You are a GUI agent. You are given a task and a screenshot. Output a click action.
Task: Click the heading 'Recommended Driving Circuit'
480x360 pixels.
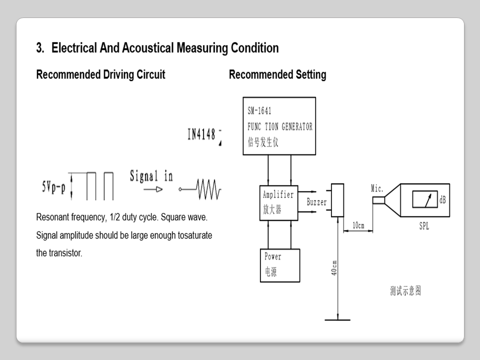(100, 75)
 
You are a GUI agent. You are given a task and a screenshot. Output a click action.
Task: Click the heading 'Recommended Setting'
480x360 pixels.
(277, 75)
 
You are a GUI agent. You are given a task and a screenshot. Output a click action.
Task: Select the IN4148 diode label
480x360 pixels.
(201, 134)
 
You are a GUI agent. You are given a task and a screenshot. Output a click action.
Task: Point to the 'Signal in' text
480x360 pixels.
(151, 176)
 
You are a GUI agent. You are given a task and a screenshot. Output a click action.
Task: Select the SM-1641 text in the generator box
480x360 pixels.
(259, 111)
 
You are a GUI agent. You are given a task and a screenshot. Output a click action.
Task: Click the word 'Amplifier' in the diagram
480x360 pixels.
(278, 194)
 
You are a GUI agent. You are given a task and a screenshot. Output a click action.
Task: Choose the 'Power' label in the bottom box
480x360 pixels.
(273, 256)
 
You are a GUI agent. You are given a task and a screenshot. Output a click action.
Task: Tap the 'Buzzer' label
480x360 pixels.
(316, 202)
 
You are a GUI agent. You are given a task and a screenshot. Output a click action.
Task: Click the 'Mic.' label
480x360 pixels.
(377, 188)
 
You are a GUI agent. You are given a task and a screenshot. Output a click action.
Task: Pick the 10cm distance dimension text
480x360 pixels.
(358, 225)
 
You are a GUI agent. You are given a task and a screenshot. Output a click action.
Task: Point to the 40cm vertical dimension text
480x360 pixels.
(334, 267)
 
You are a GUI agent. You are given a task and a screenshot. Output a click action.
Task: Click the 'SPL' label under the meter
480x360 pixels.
(424, 226)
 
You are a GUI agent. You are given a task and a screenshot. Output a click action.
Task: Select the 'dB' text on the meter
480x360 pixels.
(442, 200)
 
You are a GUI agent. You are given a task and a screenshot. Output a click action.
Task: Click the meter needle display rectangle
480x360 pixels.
(424, 200)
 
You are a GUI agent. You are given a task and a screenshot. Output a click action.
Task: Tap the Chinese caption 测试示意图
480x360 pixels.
(405, 291)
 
